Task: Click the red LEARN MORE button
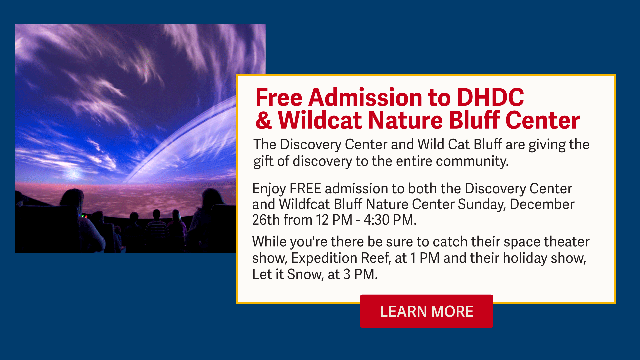coord(426,311)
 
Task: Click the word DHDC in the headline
coord(490,97)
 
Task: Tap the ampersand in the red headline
coord(264,120)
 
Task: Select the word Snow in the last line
coord(305,274)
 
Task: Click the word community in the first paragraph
coord(472,162)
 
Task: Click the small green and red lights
coord(84,216)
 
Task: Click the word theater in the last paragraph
coord(567,242)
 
